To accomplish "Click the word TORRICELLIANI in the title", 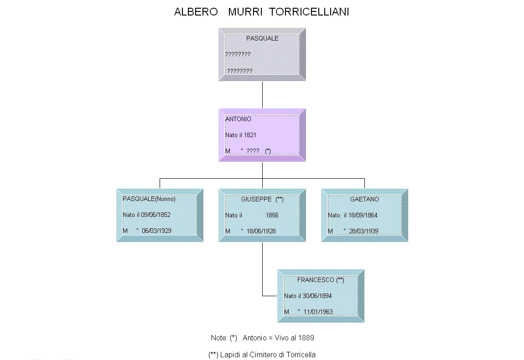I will [309, 12].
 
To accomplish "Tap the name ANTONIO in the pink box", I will [238, 119].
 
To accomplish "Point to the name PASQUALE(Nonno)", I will [149, 199].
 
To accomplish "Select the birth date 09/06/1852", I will [156, 215].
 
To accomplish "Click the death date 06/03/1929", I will [156, 231].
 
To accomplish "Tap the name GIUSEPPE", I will [256, 199].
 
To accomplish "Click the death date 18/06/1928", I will [261, 231].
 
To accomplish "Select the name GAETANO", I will [364, 199].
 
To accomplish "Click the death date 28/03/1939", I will [363, 231].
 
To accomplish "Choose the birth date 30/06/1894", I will [317, 296].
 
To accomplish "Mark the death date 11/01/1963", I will [318, 312].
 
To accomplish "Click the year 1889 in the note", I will [306, 338].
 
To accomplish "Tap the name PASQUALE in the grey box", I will [262, 38].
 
